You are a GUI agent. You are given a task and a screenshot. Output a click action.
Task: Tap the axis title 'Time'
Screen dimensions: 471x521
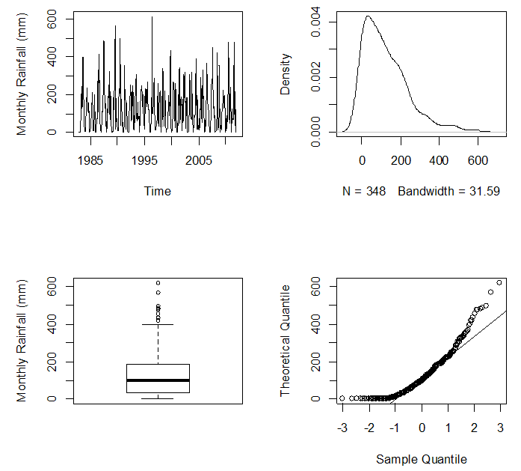coord(158,191)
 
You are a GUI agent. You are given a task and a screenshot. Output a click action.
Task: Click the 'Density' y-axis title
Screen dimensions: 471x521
coord(285,74)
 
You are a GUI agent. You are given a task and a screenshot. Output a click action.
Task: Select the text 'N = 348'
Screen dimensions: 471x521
coord(364,191)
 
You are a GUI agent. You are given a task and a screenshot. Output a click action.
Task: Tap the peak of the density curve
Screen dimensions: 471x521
coord(367,16)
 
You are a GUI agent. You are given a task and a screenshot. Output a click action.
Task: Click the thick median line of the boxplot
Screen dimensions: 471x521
coord(158,380)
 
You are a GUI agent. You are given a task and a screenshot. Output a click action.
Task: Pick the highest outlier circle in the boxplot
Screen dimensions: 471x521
coord(158,283)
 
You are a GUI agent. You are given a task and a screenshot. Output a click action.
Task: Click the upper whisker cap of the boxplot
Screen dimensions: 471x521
coord(158,324)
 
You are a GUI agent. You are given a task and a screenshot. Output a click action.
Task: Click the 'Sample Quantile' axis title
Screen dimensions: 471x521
coord(422,459)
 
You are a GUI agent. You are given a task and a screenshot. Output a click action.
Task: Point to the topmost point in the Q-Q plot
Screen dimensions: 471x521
coord(499,283)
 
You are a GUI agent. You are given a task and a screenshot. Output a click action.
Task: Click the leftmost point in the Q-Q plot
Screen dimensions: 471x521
coord(342,398)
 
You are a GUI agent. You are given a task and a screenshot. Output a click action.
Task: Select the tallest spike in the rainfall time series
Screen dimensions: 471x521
coord(152,17)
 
